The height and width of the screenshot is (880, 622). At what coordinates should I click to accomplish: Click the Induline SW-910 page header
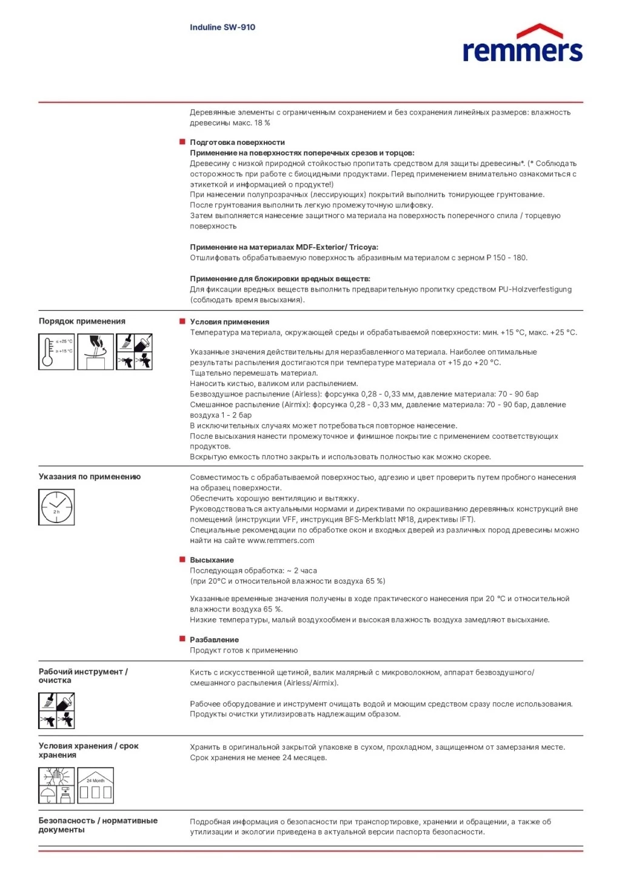click(x=222, y=27)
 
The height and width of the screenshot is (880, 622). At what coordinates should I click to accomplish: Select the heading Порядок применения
click(x=82, y=321)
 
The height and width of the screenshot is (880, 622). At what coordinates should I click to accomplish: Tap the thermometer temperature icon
click(x=56, y=352)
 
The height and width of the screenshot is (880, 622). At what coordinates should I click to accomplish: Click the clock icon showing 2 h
click(x=56, y=507)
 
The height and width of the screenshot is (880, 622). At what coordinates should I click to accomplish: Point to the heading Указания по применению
click(x=90, y=476)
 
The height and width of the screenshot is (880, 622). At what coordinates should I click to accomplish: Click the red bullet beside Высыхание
click(x=182, y=559)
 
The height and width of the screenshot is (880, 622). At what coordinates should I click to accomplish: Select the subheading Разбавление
click(x=214, y=639)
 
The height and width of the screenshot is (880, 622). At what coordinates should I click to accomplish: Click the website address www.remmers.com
click(x=281, y=541)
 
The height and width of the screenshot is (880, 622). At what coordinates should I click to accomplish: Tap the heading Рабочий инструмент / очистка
click(x=83, y=676)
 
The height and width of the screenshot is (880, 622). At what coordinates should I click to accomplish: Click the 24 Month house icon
click(x=96, y=785)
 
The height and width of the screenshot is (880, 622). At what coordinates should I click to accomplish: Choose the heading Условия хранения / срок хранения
click(x=89, y=750)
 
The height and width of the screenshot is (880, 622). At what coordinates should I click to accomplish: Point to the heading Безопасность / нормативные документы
click(x=98, y=825)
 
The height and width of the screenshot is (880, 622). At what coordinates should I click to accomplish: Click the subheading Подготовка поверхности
click(x=237, y=142)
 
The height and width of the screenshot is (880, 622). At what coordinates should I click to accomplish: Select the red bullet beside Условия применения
click(x=182, y=321)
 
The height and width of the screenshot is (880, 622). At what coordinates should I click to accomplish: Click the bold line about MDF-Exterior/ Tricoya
click(x=284, y=247)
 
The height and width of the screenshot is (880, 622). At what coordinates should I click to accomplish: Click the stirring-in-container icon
click(x=96, y=352)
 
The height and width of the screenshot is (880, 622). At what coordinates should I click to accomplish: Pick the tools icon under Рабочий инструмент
click(x=56, y=711)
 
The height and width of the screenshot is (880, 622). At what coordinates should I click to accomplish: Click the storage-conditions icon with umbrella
click(x=56, y=785)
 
